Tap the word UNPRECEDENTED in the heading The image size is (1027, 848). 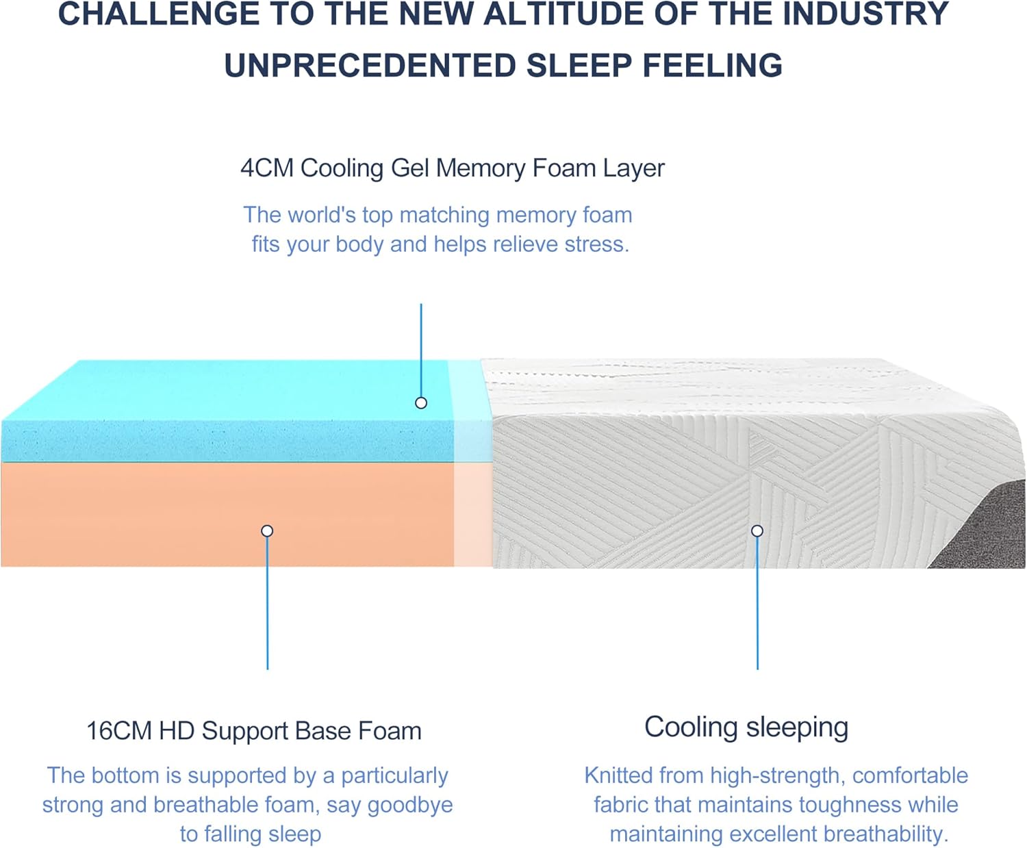coord(370,66)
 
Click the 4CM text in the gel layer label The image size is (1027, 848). coord(267,168)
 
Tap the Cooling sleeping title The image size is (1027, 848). coord(746,727)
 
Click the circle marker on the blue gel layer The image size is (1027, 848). coord(421,403)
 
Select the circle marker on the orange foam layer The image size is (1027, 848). coord(267,531)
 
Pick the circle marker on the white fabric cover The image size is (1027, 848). coord(757,531)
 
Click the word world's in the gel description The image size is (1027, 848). coord(322,215)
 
